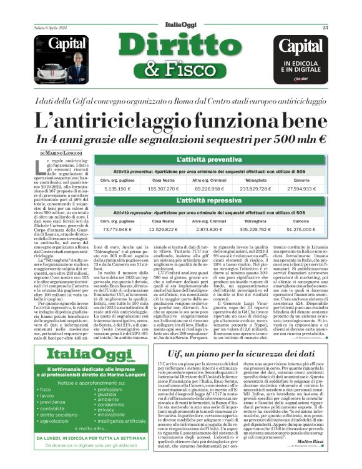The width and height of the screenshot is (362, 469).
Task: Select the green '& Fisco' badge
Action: (x=181, y=68)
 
